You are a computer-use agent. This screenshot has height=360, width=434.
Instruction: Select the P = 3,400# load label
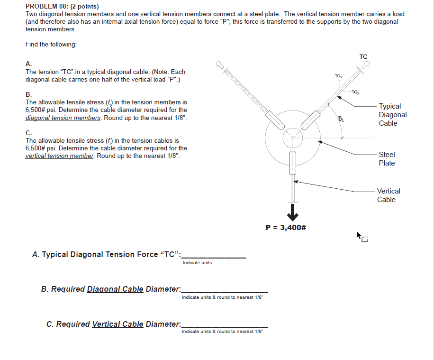point(286,227)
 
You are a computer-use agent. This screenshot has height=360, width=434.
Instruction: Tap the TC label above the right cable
point(363,57)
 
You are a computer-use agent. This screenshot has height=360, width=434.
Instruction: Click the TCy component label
point(338,76)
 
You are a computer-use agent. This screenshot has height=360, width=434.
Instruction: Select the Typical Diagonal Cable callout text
point(393,115)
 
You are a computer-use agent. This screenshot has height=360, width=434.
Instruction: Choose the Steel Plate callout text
point(387,159)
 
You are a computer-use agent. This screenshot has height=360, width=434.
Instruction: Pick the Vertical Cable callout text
point(389,195)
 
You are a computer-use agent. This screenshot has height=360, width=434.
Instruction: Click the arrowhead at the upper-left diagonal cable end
point(219,64)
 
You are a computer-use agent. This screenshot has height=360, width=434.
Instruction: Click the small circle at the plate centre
point(292,138)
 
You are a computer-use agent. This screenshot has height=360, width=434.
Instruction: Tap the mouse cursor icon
point(362,236)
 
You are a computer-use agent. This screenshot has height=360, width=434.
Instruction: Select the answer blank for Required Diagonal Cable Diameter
point(225,289)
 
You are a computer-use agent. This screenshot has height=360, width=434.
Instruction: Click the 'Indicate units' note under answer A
point(197,263)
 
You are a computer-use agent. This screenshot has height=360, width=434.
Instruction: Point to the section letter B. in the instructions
point(29,94)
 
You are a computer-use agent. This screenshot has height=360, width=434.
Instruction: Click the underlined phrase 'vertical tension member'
point(59,156)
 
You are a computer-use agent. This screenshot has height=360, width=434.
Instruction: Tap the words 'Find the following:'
point(51,44)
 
